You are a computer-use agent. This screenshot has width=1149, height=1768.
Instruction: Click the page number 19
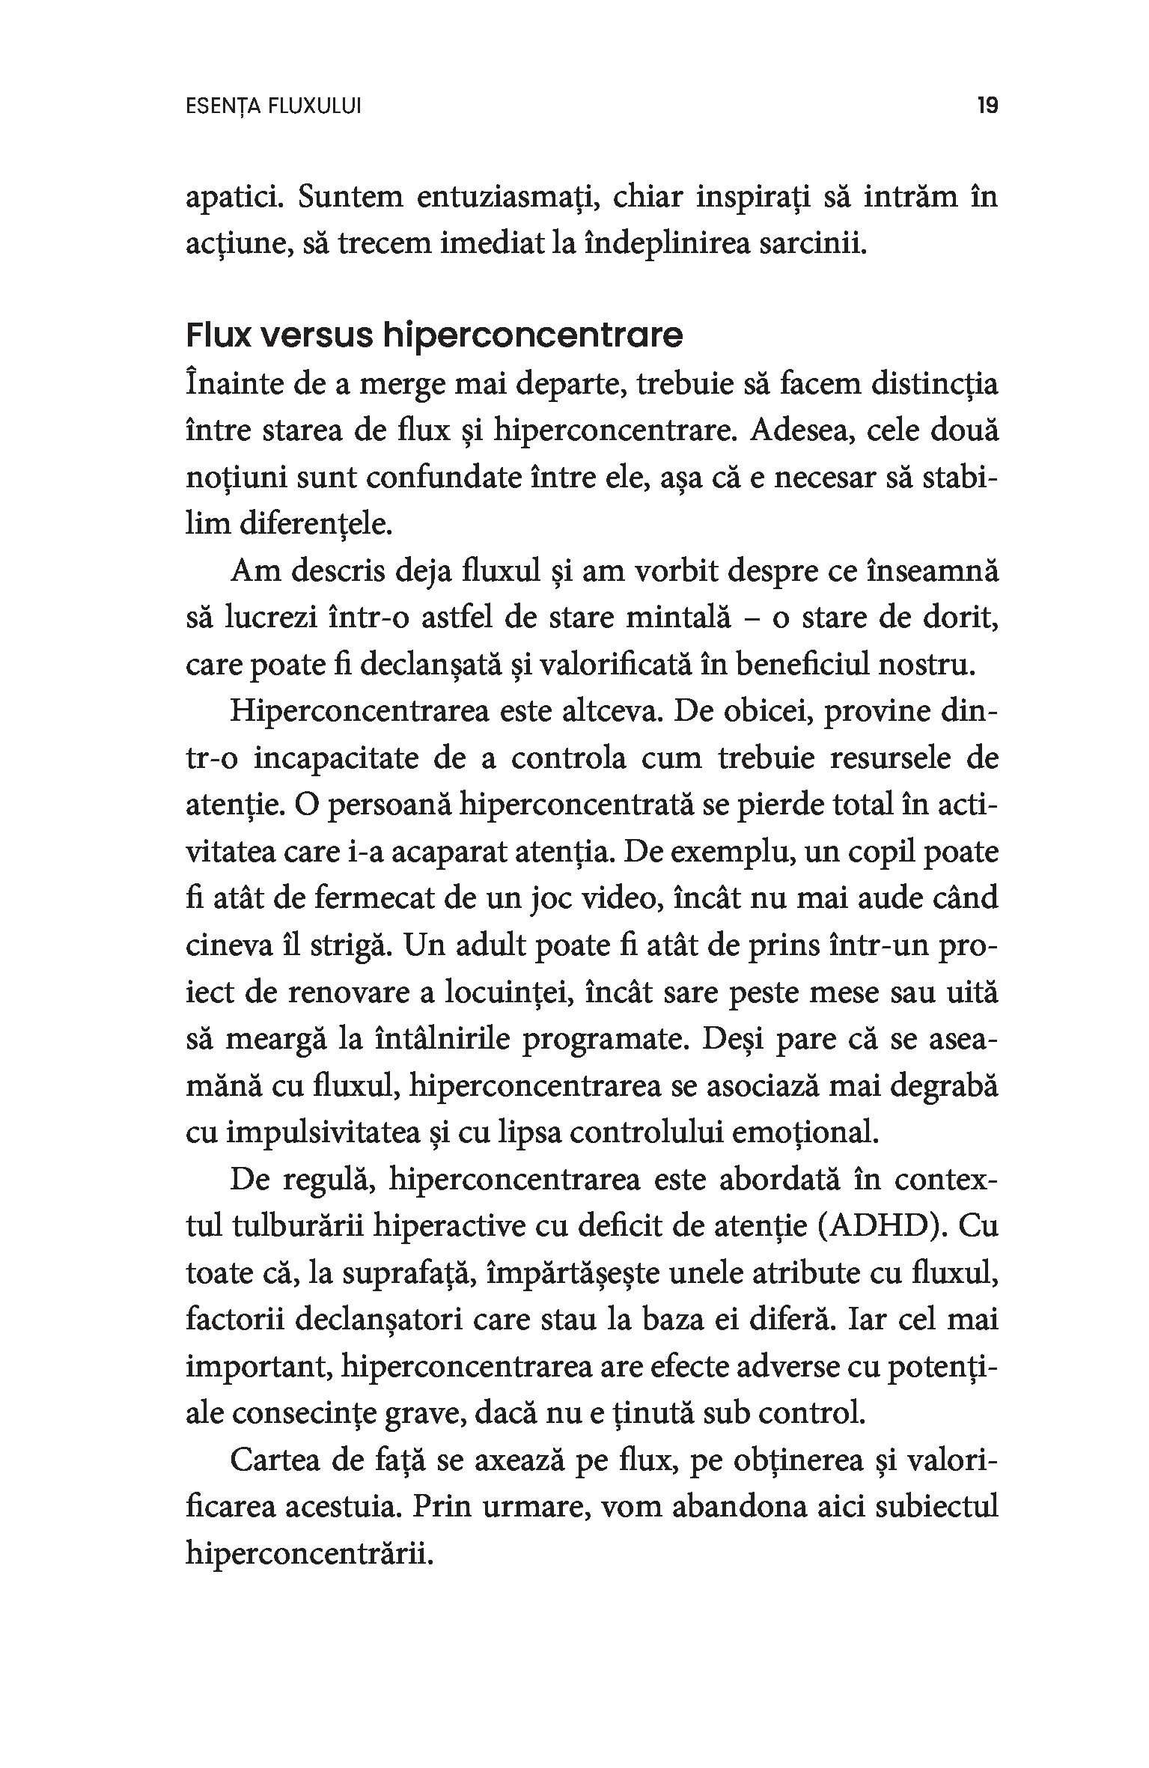pos(987,107)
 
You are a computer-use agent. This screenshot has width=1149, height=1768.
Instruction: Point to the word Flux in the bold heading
pos(216,337)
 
